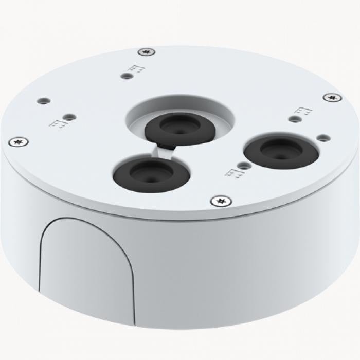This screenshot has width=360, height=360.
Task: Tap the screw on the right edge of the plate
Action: pyautogui.click(x=332, y=97)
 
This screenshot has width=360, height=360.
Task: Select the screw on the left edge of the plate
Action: pyautogui.click(x=19, y=140)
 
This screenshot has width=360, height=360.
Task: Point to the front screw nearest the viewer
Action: pyautogui.click(x=221, y=201)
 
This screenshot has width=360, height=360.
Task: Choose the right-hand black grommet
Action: pyautogui.click(x=281, y=150)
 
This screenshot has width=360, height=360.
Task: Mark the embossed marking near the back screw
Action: pyautogui.click(x=137, y=68)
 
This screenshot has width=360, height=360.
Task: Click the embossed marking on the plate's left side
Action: pyautogui.click(x=58, y=122)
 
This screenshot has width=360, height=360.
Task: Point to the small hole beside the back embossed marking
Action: pyautogui.click(x=125, y=76)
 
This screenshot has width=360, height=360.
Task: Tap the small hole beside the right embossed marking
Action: pyautogui.click(x=294, y=119)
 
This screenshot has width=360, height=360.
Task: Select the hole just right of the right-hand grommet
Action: pyautogui.click(x=322, y=138)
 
